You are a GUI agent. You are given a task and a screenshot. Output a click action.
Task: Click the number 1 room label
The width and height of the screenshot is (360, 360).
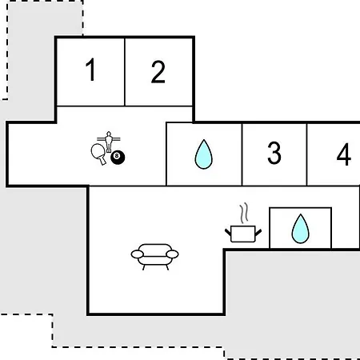point(90,70)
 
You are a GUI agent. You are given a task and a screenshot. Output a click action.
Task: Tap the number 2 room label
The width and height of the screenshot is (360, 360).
point(158,72)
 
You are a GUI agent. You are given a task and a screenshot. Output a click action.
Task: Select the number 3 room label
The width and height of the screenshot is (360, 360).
point(274,153)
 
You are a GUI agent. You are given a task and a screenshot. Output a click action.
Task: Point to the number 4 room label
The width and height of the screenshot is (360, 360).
point(344,154)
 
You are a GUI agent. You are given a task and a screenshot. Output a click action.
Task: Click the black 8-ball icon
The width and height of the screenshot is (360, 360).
point(118,158)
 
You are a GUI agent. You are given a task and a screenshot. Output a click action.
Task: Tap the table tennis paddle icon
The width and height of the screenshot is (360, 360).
point(98,154)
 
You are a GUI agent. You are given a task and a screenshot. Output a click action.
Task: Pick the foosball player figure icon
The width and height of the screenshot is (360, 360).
point(109,142)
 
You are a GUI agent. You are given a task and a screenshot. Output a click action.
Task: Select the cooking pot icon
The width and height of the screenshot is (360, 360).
point(243,234)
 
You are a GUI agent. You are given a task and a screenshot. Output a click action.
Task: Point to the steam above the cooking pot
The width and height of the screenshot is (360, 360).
point(244,213)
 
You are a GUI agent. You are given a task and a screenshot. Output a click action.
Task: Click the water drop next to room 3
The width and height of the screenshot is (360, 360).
point(204,154)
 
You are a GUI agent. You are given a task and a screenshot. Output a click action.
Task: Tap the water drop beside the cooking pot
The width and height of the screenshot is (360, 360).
point(301,229)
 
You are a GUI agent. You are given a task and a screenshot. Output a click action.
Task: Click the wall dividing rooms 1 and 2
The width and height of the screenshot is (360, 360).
point(125,72)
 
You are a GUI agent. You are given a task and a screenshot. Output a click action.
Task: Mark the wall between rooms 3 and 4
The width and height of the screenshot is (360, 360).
point(307,154)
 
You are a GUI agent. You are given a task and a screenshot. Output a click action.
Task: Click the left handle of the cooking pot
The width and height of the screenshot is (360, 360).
point(228,232)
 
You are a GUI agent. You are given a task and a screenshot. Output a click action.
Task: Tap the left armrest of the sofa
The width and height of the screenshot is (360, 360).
point(138,254)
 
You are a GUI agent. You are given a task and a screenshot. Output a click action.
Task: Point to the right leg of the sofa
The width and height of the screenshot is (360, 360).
point(167,267)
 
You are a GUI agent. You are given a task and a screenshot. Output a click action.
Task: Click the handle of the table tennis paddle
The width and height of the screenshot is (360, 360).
point(102,161)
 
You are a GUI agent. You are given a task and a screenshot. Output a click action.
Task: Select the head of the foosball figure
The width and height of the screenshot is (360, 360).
point(109,133)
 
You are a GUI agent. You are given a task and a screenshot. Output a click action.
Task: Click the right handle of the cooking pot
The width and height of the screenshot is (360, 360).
point(258,232)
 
